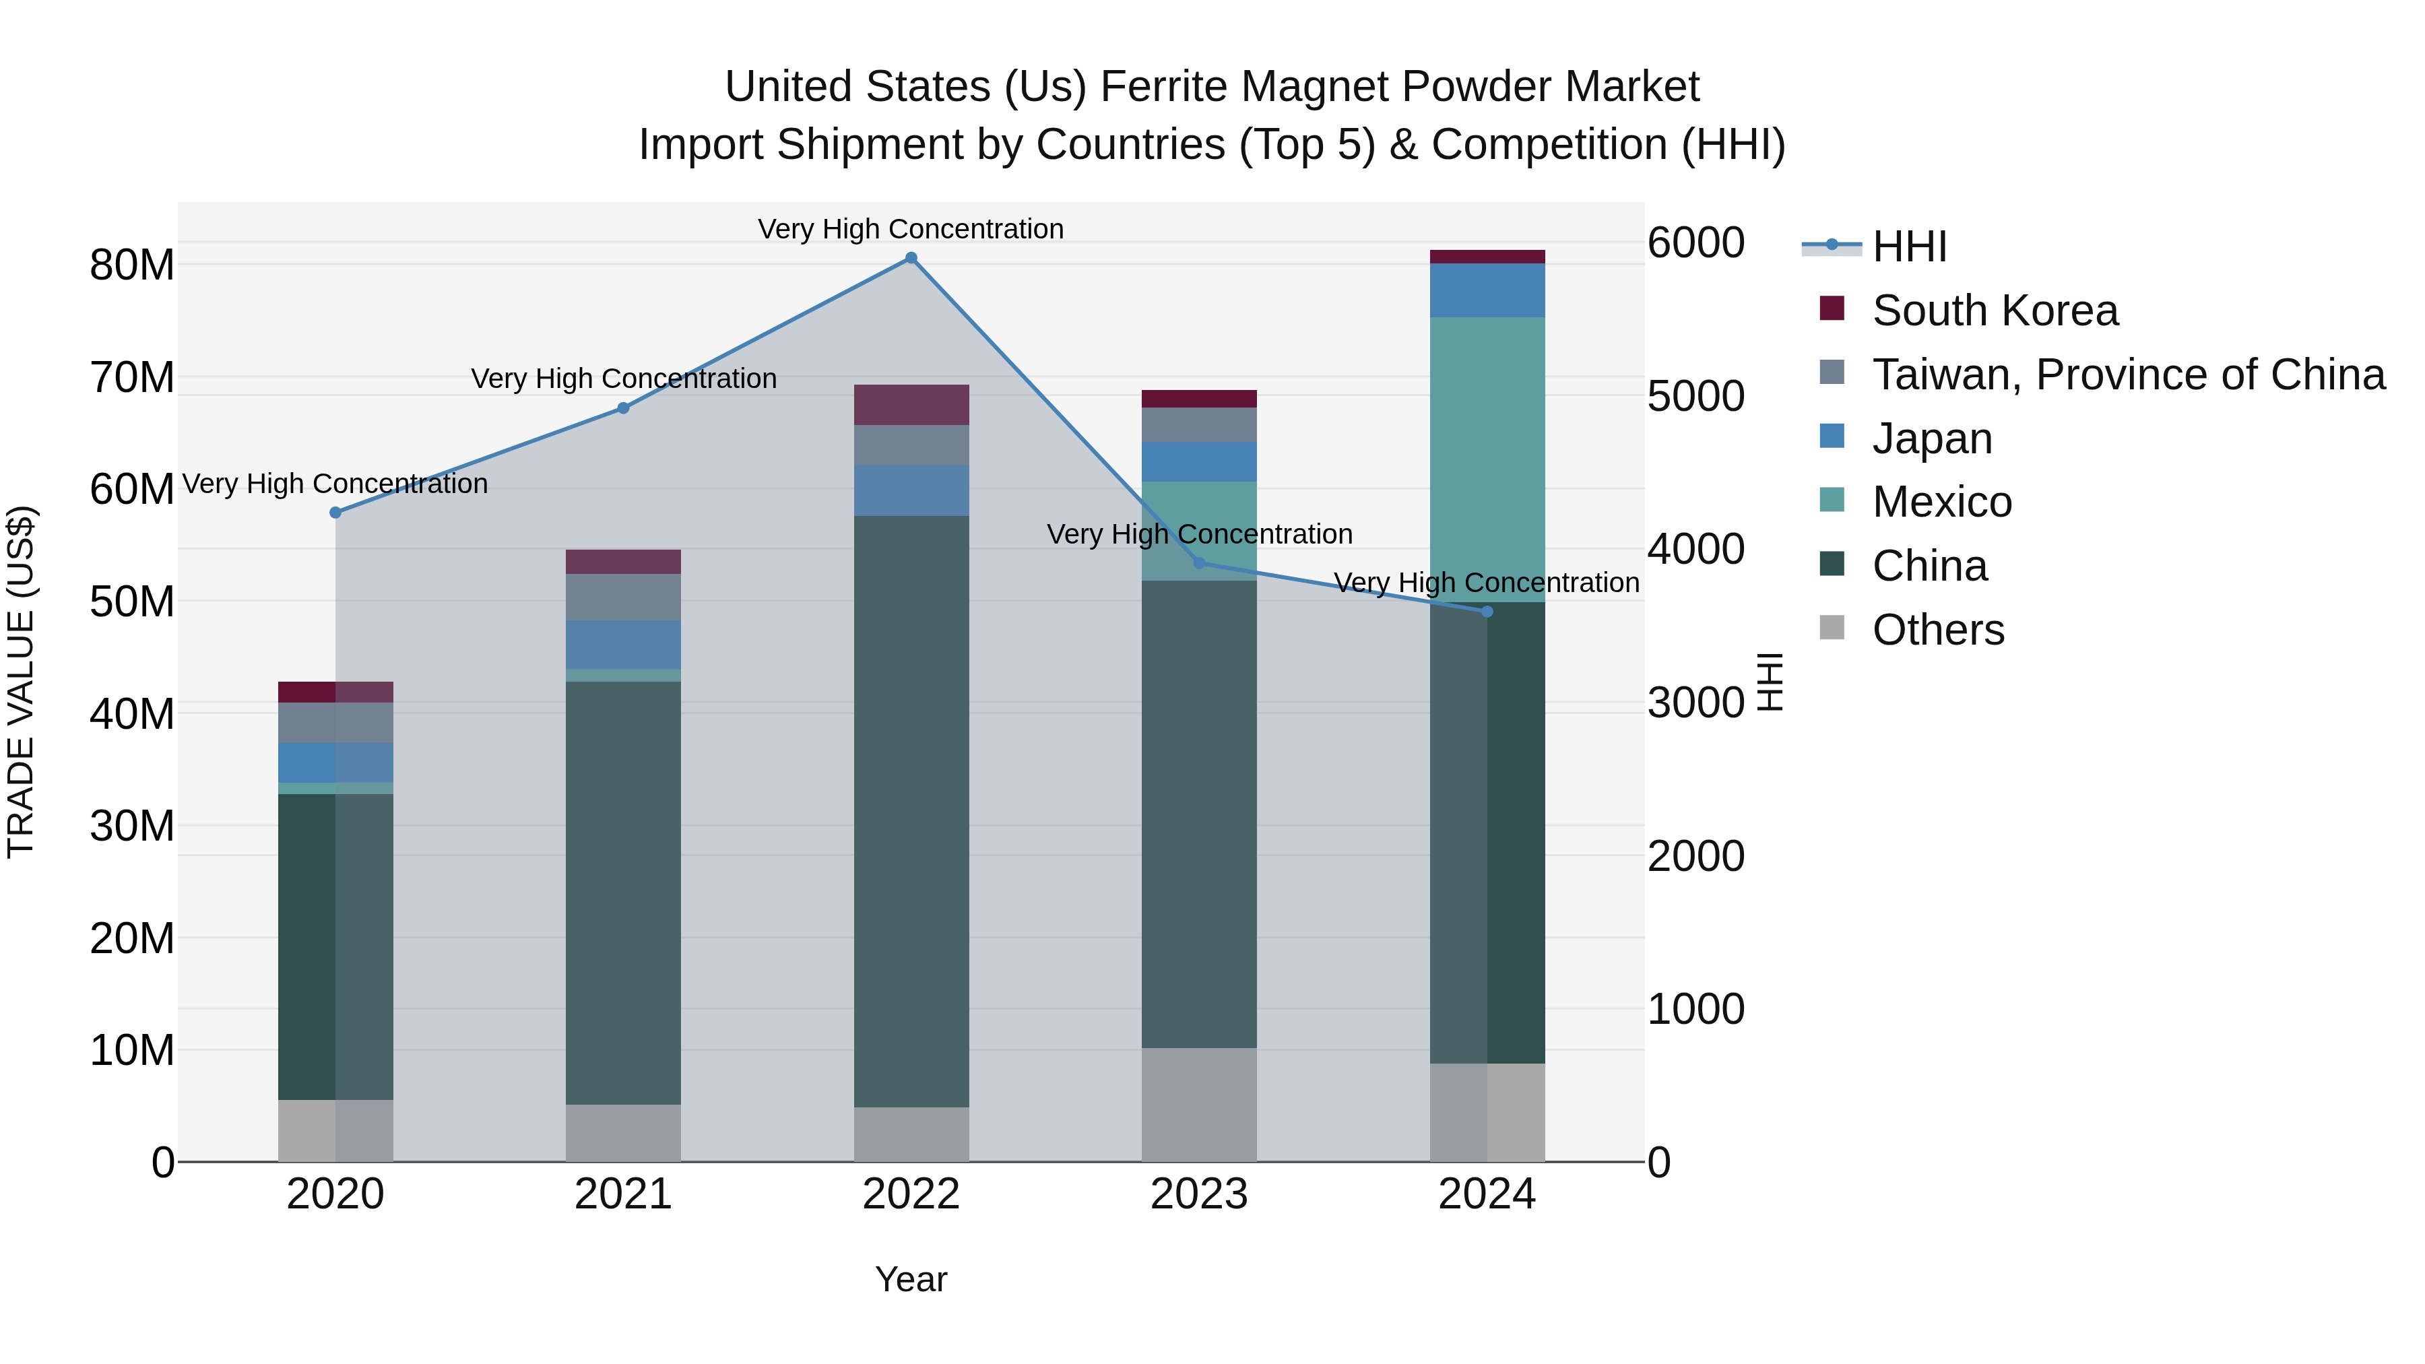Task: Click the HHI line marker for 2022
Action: [910, 258]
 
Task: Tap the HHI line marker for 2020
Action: [335, 512]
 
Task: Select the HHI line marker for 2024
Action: [1487, 612]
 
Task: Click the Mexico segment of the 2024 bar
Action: [1487, 459]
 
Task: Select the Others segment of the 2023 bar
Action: [1198, 1104]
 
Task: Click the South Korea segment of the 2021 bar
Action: [622, 562]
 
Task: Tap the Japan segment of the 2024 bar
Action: [1487, 290]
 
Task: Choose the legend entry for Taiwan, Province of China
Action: [2127, 375]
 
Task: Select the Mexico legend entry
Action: [1941, 502]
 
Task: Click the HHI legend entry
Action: [1908, 247]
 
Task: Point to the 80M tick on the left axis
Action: [132, 265]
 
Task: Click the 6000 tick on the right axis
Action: [1695, 243]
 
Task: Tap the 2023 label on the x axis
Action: [1198, 1194]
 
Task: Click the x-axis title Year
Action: [910, 1279]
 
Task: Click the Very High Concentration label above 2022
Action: [910, 229]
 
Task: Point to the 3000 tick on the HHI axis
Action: [1695, 703]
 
